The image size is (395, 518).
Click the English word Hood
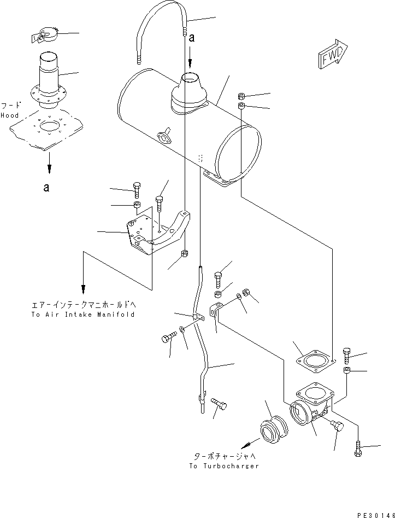coord(10,115)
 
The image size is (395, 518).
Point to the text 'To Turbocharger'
coord(224,466)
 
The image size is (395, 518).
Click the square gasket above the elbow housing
coord(313,360)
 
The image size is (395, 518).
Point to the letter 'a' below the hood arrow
coord(46,188)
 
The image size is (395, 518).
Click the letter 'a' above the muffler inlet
coord(191,39)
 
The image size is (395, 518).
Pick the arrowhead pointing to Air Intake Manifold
coord(83,288)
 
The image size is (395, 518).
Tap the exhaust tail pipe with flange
coord(53,82)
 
